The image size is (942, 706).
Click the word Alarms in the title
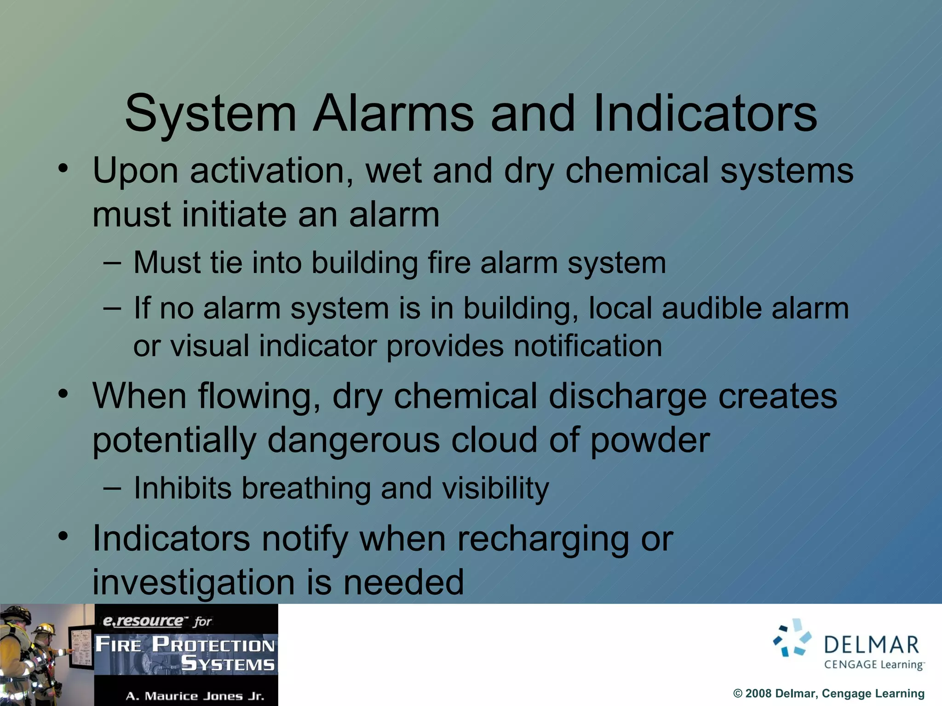pyautogui.click(x=393, y=114)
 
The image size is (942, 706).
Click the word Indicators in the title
pyautogui.click(x=705, y=114)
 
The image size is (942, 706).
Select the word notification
pyautogui.click(x=587, y=346)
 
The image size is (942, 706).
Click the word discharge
pyautogui.click(x=627, y=396)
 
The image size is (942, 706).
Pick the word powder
pyautogui.click(x=649, y=440)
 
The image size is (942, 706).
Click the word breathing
pyautogui.click(x=306, y=488)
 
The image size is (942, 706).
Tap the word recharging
pyautogui.click(x=544, y=539)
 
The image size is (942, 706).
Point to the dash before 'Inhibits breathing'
pyautogui.click(x=112, y=488)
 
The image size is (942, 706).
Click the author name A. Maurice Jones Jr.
pyautogui.click(x=195, y=696)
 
